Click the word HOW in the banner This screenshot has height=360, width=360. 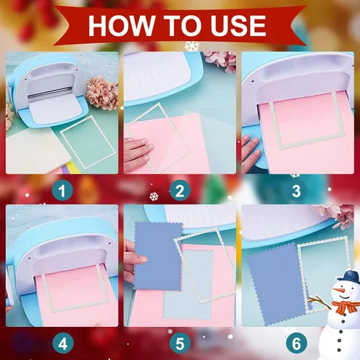pos(121,26)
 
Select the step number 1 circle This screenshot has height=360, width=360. pos(63,191)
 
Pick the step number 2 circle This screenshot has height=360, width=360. pos(180,191)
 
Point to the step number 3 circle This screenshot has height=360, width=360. pos(297,191)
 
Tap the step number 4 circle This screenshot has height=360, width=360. pos(63,343)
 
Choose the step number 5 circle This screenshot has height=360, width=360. pos(180,343)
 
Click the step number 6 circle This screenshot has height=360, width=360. pos(297,343)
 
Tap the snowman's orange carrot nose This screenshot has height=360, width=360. pos(340,291)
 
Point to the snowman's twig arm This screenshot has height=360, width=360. pos(319,302)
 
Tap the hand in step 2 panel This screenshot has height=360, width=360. pos(138,154)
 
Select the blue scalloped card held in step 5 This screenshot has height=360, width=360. pos(158,256)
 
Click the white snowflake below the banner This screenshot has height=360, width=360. pos(192,46)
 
